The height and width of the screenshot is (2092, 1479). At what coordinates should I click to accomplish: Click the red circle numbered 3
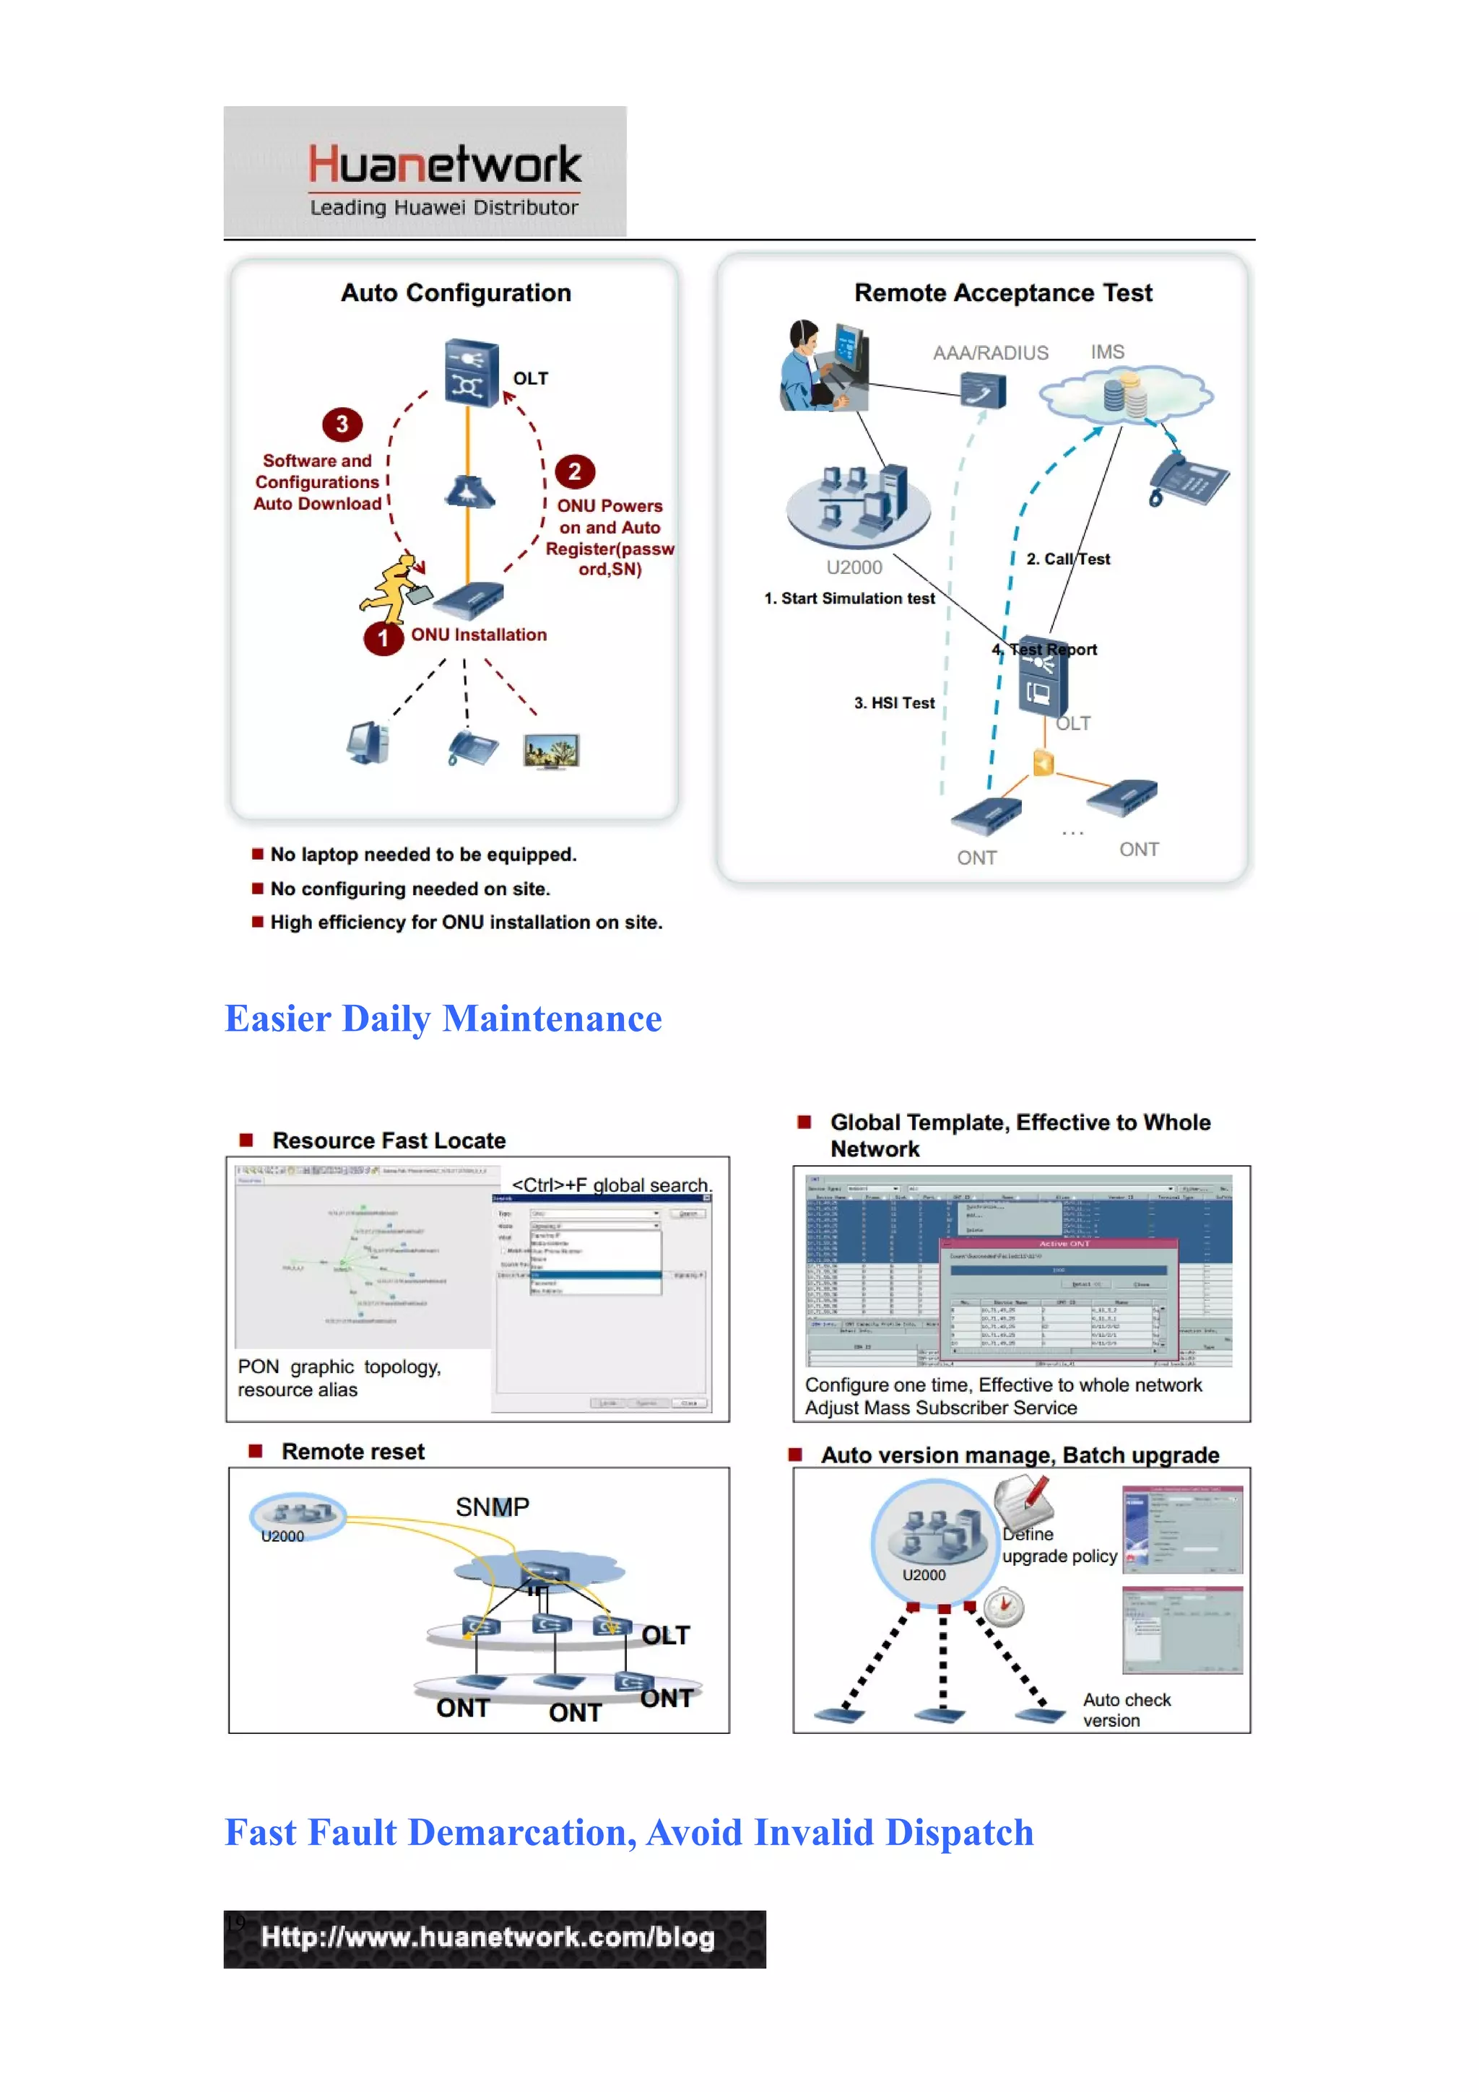[342, 424]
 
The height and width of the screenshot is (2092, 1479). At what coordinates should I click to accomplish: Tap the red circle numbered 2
[574, 471]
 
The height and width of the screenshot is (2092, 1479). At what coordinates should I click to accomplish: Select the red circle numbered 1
[383, 638]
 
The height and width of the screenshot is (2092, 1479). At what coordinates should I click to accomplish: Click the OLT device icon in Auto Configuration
[470, 372]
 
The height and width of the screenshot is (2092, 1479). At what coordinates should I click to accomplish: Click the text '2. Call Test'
[1067, 559]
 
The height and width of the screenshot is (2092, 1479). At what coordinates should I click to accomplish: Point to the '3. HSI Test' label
[893, 702]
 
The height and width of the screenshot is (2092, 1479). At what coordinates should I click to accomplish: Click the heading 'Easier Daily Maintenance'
[443, 1019]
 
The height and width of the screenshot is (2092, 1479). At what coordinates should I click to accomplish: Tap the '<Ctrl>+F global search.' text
[610, 1184]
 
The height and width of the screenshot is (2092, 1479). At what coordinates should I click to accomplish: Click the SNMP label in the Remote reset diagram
[492, 1507]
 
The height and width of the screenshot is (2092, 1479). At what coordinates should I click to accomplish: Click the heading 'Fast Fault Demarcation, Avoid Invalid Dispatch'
[629, 1832]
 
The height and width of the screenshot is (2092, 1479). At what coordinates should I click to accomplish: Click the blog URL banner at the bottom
[494, 1938]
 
